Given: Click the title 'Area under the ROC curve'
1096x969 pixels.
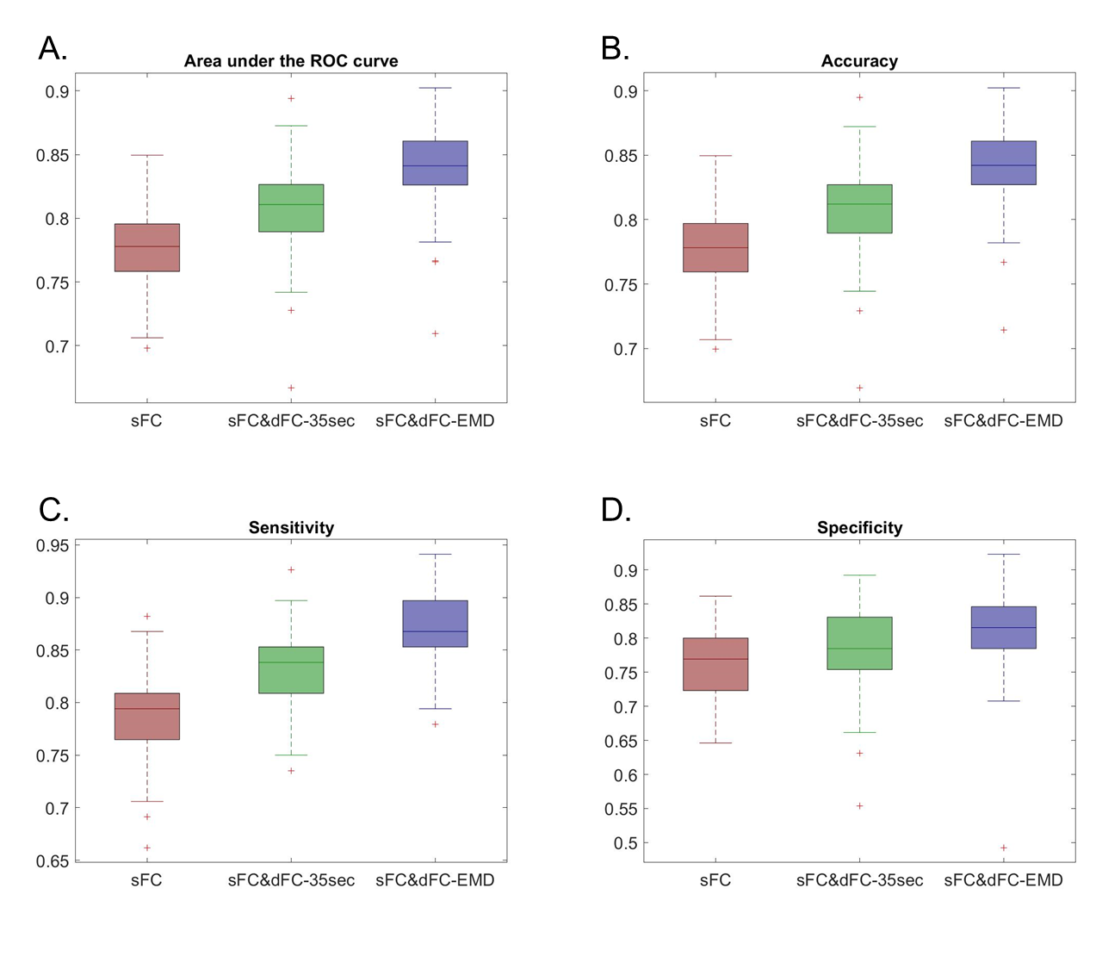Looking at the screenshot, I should coord(291,61).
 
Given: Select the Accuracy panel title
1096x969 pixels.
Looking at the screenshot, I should coord(859,61).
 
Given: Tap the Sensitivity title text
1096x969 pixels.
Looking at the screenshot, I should coord(291,528).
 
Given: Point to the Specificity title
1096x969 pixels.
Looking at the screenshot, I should coord(859,528).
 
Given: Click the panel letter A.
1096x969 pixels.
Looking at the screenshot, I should coord(53,49).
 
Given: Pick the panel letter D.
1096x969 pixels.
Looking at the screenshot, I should coord(616,511).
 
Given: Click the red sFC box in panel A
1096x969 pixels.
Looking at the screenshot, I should coord(147,247).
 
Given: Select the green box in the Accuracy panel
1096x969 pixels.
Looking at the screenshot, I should coord(859,208).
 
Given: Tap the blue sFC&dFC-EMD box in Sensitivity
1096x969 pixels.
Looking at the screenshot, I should coord(435,624).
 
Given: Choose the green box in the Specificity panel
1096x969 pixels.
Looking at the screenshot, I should coord(859,643).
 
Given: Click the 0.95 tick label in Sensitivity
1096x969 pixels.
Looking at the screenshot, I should coord(52,545).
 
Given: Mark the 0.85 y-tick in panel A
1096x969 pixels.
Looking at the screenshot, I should coord(52,156).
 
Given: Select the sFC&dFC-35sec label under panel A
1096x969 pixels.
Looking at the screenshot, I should coord(291,421).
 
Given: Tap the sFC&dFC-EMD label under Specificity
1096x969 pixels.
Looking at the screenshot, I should coord(1003,880).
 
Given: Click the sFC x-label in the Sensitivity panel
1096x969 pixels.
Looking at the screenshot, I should coord(146,880).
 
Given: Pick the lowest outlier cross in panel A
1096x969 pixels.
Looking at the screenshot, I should coord(291,388).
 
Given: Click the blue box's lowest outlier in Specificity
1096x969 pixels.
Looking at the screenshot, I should coord(1003,848).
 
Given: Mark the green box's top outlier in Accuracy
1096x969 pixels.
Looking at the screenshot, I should coord(859,97).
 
